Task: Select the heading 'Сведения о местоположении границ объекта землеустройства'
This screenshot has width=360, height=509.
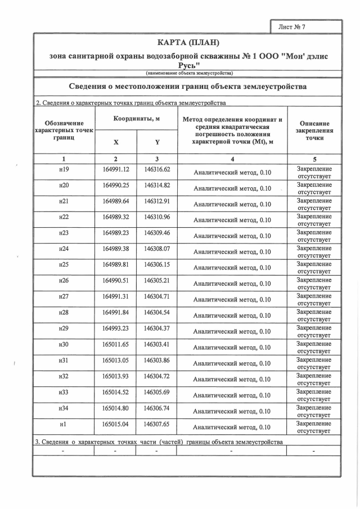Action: pyautogui.click(x=188, y=87)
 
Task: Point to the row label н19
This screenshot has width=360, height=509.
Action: pyautogui.click(x=64, y=169)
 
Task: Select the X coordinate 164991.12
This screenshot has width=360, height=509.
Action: pyautogui.click(x=116, y=169)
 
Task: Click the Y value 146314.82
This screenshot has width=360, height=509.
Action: pyautogui.click(x=157, y=185)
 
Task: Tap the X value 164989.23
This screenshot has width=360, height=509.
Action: pyautogui.click(x=116, y=232)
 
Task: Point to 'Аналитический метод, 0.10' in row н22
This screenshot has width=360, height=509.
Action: pyautogui.click(x=232, y=220)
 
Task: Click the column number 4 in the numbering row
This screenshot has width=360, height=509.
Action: pyautogui.click(x=232, y=159)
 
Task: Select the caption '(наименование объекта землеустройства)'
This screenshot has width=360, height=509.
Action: pyautogui.click(x=188, y=73)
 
